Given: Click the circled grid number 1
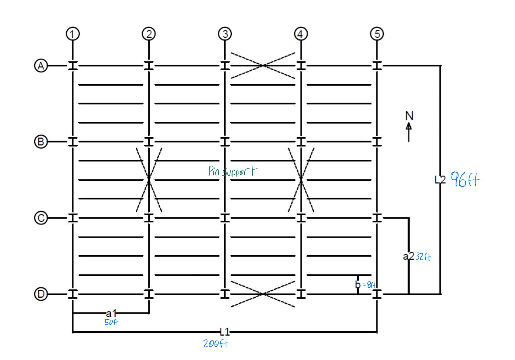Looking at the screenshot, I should click(x=73, y=34).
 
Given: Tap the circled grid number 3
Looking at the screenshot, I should click(x=225, y=34).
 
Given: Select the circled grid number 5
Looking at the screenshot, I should click(x=377, y=34).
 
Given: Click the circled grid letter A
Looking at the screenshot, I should click(x=41, y=66).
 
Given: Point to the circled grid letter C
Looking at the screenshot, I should click(x=41, y=218).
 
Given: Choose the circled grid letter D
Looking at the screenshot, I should click(x=41, y=294).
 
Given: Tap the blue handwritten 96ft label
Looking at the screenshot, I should click(x=465, y=179).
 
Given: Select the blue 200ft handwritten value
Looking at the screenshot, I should click(x=215, y=344).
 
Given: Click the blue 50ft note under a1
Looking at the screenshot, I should click(x=111, y=322).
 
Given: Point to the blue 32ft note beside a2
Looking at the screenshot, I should click(x=423, y=257).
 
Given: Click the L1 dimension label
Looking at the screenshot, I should click(x=225, y=332).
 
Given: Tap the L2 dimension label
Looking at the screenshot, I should click(x=440, y=179).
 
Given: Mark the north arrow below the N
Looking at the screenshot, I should click(x=409, y=132).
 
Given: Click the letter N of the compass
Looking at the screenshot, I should click(x=409, y=116).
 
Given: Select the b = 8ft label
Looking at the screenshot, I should click(x=365, y=285).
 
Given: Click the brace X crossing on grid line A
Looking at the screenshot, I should click(x=263, y=66).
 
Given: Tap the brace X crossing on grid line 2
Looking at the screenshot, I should click(x=149, y=179).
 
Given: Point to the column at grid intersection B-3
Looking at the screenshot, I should click(x=225, y=141).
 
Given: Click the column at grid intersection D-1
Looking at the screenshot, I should click(x=73, y=294).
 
